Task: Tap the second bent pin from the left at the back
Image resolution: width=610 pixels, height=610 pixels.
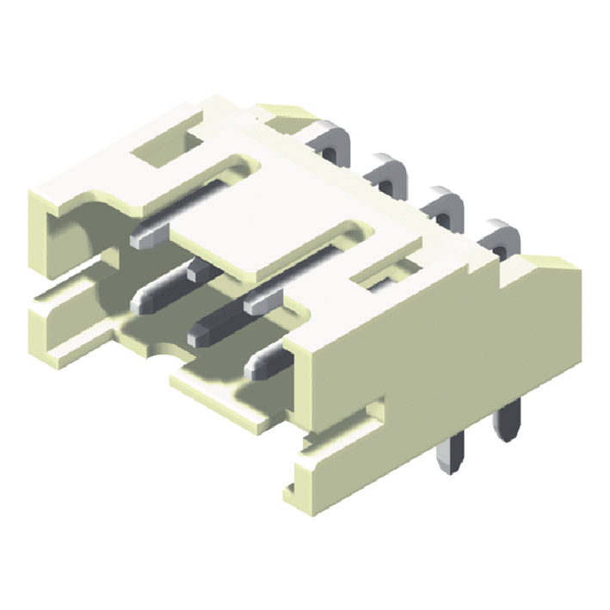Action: point(389,172)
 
